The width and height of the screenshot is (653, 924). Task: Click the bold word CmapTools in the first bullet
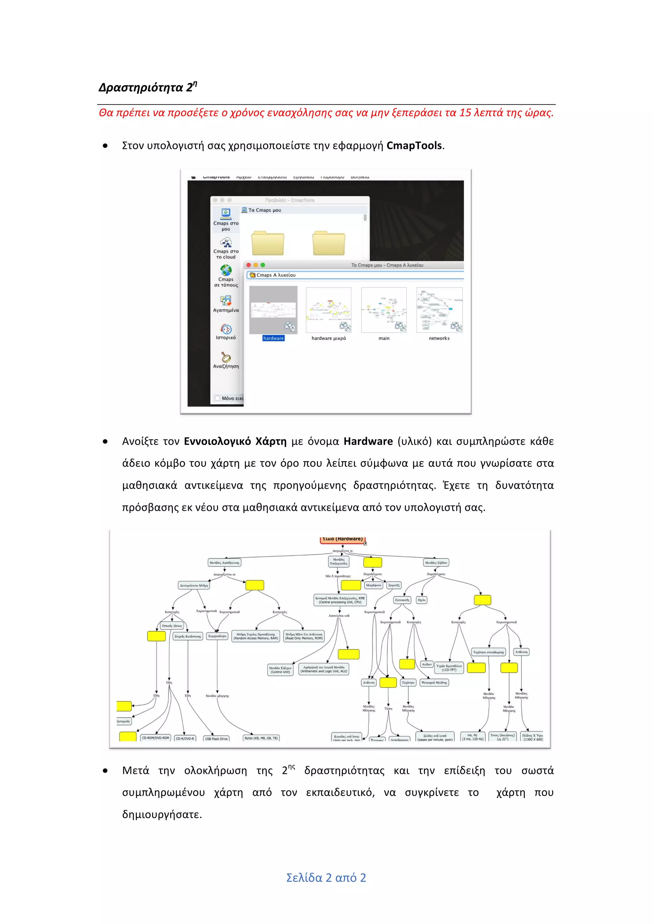click(414, 146)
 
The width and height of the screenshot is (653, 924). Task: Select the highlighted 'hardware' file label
click(273, 338)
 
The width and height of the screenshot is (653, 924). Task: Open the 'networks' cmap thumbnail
click(439, 310)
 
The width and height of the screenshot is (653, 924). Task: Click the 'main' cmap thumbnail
click(384, 310)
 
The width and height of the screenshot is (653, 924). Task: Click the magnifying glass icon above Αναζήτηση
click(226, 356)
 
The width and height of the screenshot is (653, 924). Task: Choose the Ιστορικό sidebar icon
click(226, 329)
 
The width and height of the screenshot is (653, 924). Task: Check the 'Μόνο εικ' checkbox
click(217, 398)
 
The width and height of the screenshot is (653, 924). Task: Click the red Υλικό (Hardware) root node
click(342, 539)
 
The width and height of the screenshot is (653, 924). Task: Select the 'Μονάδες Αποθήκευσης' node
click(224, 563)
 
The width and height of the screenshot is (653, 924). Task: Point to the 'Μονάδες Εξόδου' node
click(436, 563)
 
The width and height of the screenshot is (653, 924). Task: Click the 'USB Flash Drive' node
click(216, 738)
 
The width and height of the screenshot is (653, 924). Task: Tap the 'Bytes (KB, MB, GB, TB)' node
click(261, 738)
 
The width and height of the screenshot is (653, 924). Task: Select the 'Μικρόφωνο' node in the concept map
click(373, 585)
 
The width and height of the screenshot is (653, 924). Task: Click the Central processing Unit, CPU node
click(340, 600)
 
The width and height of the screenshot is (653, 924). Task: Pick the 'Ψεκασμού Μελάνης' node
click(434, 683)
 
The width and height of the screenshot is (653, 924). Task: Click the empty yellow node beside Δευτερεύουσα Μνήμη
click(255, 585)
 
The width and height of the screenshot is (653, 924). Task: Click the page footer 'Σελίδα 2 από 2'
click(326, 878)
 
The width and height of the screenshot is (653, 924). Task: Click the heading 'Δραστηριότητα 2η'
click(147, 87)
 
